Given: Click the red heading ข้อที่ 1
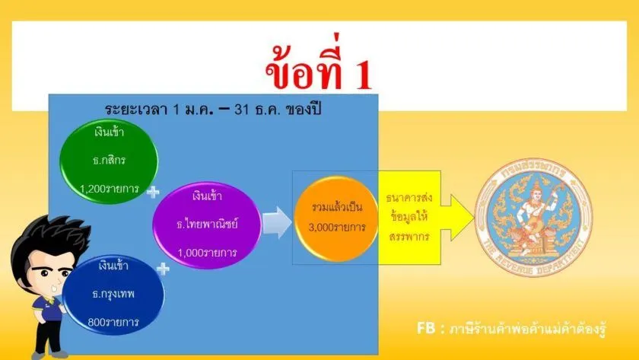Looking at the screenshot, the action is [319, 67].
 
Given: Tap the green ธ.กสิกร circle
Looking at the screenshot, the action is [109, 161].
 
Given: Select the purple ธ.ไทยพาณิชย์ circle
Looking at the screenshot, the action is [207, 225].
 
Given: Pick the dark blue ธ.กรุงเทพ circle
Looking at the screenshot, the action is [113, 295].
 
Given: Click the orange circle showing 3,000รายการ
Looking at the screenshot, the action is [336, 218].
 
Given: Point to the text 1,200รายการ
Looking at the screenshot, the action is [110, 189].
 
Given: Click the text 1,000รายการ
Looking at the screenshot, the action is [207, 253].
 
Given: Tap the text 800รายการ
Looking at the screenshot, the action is [113, 322].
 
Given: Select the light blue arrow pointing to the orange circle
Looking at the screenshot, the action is [277, 222].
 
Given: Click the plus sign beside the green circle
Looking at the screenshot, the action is [153, 192].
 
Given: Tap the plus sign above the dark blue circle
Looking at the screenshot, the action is [163, 269].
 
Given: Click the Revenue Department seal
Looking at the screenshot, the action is [533, 218].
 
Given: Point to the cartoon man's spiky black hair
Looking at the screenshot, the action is [48, 241].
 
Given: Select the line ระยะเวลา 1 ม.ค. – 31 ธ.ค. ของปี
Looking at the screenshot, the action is [213, 110].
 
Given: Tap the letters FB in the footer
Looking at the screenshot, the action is [426, 328].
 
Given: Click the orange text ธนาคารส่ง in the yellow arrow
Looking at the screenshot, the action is [409, 198].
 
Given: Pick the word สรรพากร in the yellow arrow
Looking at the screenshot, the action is [409, 237].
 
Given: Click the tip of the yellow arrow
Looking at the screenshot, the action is [474, 218].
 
